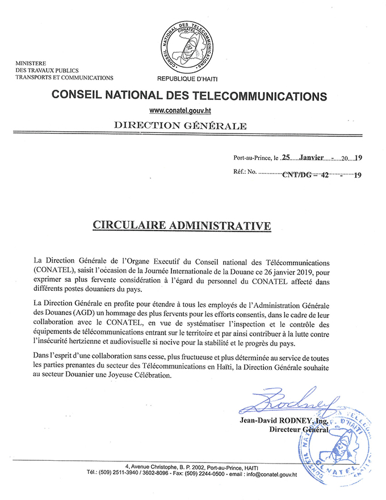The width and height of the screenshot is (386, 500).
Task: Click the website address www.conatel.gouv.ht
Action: (181, 109)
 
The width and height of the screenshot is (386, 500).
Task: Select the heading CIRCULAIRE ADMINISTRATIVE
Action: (182, 226)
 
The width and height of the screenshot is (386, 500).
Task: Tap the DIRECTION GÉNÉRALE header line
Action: (180, 125)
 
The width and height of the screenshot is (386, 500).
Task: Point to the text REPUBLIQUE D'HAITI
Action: (187, 78)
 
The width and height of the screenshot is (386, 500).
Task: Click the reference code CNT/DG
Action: (297, 176)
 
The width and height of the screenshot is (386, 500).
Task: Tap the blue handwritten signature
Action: (284, 401)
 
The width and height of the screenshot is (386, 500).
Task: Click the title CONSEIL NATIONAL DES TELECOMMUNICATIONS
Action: (189, 95)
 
